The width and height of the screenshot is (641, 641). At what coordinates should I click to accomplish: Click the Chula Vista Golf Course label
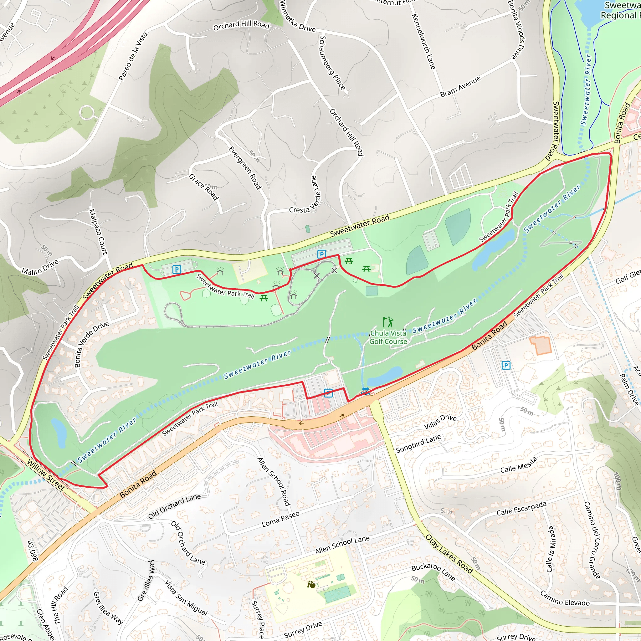point(388,337)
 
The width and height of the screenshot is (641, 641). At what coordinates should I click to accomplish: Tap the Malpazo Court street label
point(98,232)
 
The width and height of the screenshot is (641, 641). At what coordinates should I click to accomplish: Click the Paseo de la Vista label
point(133,56)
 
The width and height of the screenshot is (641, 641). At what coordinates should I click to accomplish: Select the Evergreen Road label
point(245,168)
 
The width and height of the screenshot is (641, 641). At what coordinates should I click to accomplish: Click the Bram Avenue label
point(460,87)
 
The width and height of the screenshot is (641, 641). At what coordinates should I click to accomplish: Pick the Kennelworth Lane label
point(423,42)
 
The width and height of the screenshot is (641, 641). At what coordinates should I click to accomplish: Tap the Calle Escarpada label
point(521,508)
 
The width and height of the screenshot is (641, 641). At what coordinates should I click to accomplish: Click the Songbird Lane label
point(418,444)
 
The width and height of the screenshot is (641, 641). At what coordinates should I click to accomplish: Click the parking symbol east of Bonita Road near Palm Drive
point(506,365)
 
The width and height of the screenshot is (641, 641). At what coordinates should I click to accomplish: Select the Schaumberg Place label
point(332,63)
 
